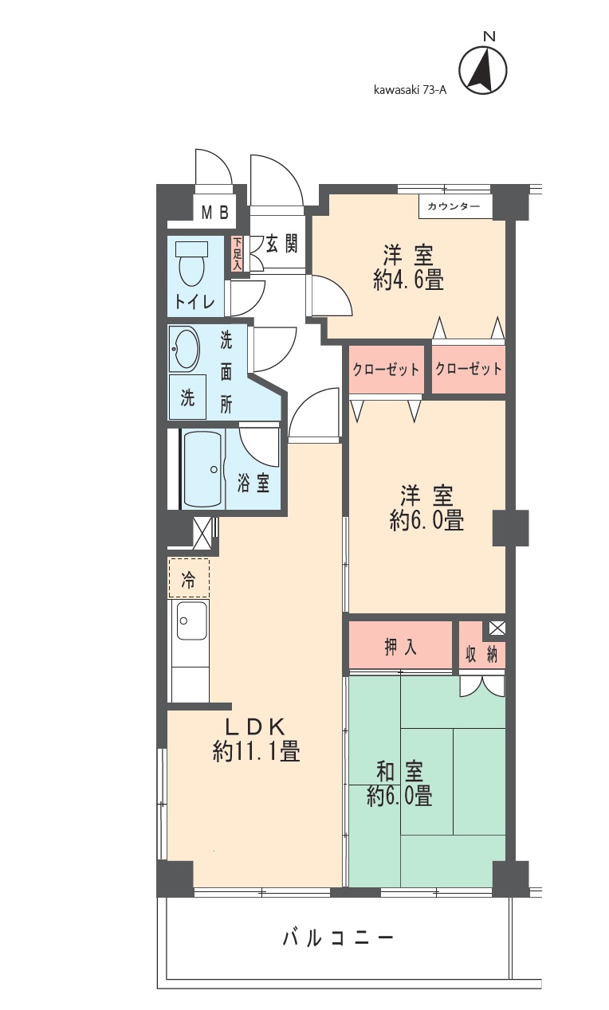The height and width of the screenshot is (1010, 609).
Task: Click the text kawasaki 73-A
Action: (410, 90)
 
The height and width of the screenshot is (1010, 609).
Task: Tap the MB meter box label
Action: (214, 213)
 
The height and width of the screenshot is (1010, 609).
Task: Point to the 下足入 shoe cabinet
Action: (237, 254)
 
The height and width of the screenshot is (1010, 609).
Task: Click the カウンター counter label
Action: (454, 207)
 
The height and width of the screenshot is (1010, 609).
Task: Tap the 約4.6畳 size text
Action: (408, 280)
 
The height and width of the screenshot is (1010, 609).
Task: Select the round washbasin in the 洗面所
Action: (185, 349)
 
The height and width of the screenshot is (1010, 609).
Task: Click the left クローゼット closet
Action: (386, 369)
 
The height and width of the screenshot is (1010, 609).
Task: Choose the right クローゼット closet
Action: (469, 369)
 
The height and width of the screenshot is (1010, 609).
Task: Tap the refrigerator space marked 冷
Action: (189, 578)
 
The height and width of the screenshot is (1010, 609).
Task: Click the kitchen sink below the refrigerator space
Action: (191, 619)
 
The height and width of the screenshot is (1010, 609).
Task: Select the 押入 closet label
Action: (401, 648)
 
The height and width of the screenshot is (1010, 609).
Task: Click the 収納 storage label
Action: (481, 655)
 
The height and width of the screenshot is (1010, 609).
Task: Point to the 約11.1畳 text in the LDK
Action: (256, 751)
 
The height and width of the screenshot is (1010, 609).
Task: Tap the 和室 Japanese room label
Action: (399, 771)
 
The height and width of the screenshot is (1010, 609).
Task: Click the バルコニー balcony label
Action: (339, 938)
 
